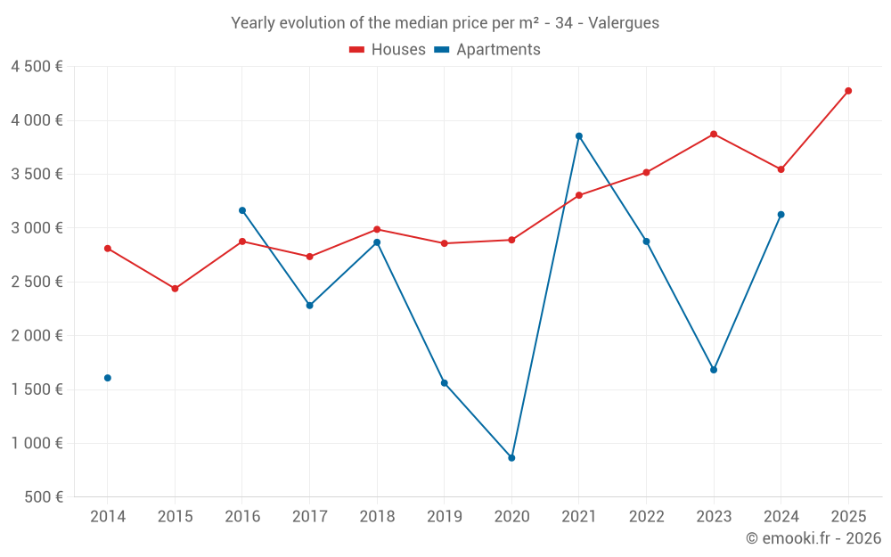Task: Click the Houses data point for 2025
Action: pos(848,91)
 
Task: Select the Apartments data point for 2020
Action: pos(511,458)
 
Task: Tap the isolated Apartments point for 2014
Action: pos(108,378)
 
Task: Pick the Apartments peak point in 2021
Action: pos(579,136)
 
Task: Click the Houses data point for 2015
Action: pos(175,289)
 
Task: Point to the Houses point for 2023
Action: pos(714,135)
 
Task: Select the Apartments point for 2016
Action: pos(242,210)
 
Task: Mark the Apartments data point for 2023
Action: pos(714,370)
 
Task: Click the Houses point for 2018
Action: pos(377,230)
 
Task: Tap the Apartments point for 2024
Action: pos(781,215)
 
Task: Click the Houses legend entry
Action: pos(388,50)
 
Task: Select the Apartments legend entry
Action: pos(487,50)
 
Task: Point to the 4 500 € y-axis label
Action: pos(37,67)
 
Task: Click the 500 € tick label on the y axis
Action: pos(43,497)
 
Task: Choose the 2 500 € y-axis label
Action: pos(37,282)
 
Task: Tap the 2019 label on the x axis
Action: pos(444,517)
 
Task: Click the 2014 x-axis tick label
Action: pos(108,517)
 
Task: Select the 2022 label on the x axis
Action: pos(646,517)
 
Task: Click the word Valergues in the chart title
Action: pos(624,23)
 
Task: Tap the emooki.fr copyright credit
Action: pos(813,538)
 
